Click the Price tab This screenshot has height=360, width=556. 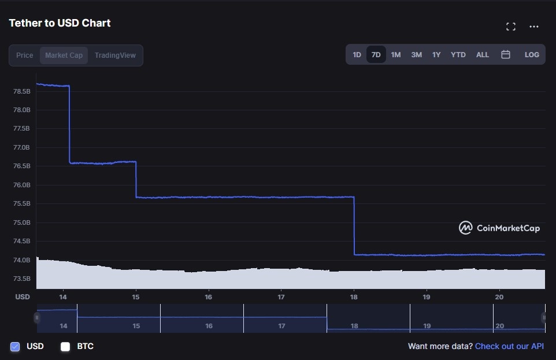tap(25, 55)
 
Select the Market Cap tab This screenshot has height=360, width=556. tap(64, 55)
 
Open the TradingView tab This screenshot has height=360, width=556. tap(115, 55)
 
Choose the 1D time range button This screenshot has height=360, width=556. tap(357, 55)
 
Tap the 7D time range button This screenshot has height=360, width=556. tap(376, 55)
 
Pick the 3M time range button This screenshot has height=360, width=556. tap(416, 55)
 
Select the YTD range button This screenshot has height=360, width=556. tap(458, 55)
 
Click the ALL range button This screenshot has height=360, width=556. tap(483, 55)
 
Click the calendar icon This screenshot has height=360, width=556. tap(506, 54)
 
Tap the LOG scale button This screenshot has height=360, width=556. tap(532, 55)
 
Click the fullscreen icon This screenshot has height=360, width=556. tap(511, 27)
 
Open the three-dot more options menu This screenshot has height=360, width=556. tap(534, 27)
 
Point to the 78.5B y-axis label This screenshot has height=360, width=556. tap(21, 91)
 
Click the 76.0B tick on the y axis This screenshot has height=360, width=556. tap(21, 185)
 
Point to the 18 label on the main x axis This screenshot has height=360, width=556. tap(354, 297)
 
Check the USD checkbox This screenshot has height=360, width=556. tap(15, 347)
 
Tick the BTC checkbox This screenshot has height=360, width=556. tap(65, 347)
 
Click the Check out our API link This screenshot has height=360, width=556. tap(509, 346)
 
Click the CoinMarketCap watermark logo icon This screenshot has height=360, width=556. tap(465, 228)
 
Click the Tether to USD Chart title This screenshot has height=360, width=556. tap(60, 23)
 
